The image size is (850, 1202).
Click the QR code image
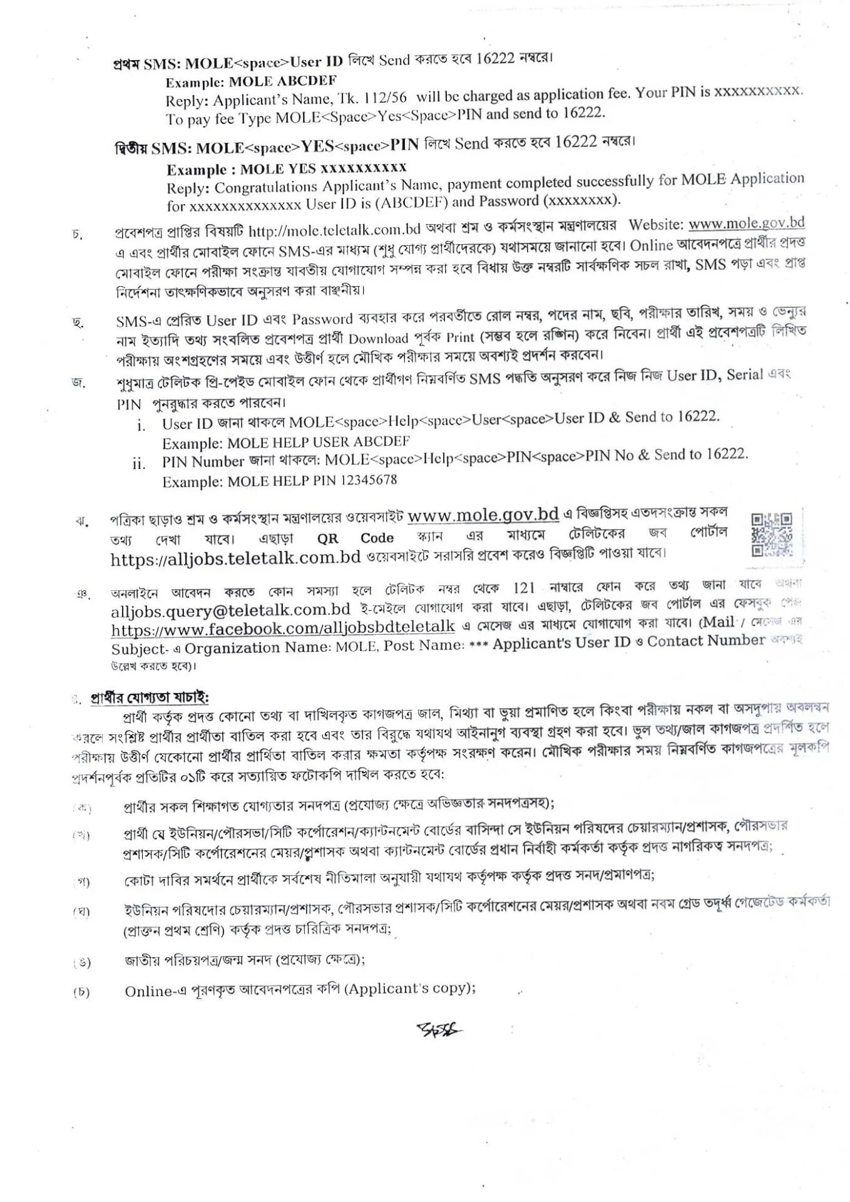coord(771,534)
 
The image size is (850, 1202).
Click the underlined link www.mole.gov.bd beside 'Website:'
coord(746,224)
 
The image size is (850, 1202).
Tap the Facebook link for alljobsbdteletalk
coord(283,628)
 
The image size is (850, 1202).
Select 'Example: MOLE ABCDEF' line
coord(250,81)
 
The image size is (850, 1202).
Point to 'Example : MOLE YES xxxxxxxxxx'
coord(286,169)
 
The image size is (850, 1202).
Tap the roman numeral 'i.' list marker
coord(141,426)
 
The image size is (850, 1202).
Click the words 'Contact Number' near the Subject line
coord(705,641)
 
